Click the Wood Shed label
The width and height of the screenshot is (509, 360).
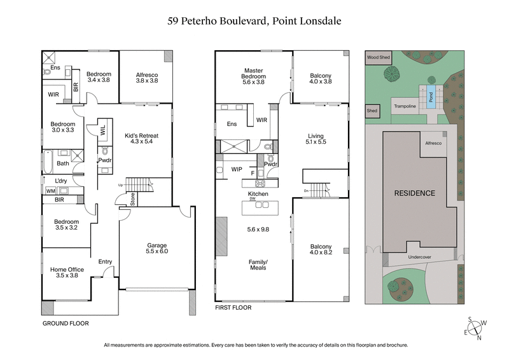click(x=378, y=57)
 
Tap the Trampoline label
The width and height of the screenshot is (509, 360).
click(x=405, y=106)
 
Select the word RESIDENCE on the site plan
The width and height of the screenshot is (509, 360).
click(x=414, y=193)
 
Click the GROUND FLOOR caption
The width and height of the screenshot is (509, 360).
click(x=66, y=323)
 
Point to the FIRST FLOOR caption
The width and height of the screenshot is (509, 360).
click(x=233, y=308)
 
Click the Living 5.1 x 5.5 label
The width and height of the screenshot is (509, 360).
click(x=316, y=139)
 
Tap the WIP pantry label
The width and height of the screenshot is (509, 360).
click(x=237, y=169)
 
